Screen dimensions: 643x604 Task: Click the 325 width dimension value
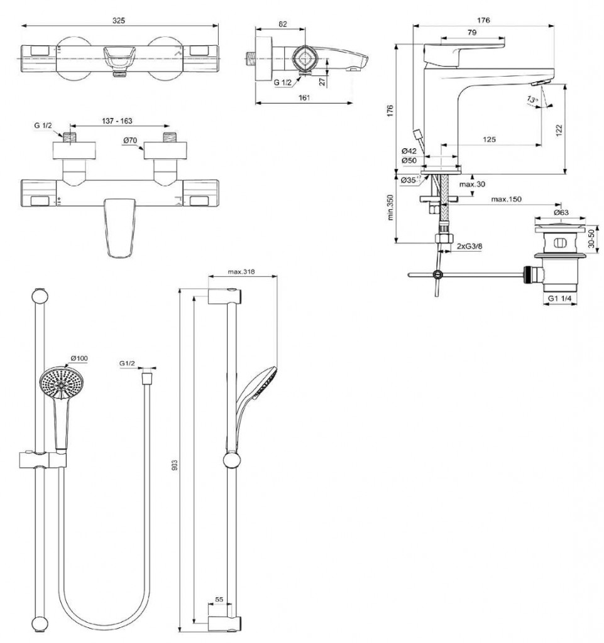point(118,20)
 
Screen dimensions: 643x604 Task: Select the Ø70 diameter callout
point(131,142)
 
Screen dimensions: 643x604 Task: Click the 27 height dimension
point(322,81)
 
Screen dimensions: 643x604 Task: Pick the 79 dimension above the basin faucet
point(471,31)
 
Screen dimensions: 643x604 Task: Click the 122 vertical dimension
point(558,129)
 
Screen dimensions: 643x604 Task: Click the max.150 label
point(506,200)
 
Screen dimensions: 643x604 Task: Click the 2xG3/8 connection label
point(469,246)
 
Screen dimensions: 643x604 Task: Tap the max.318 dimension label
point(242,273)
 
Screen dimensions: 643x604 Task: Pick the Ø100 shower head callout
point(79,358)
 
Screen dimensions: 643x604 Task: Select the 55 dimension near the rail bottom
point(219,600)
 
